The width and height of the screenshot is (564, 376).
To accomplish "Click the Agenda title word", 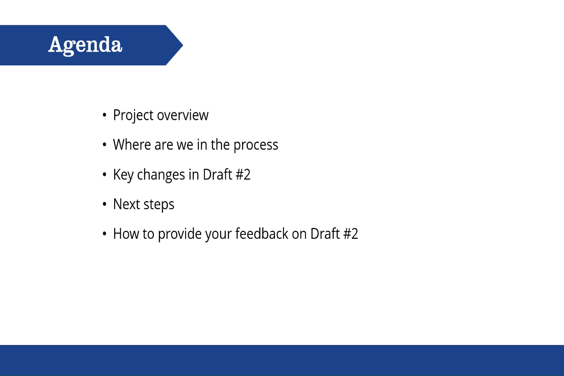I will click(85, 45).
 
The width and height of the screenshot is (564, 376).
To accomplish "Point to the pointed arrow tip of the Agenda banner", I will click(181, 45).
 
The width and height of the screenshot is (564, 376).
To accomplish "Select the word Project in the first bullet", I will click(133, 115).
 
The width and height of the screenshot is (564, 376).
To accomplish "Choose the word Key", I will click(124, 175).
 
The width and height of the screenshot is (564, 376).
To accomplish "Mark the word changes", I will click(161, 175).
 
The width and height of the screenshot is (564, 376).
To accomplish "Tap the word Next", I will click(125, 204).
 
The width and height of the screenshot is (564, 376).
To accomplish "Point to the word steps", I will click(159, 204).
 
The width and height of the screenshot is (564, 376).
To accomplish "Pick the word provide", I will click(180, 234).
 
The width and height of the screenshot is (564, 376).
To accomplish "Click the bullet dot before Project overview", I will click(104, 116).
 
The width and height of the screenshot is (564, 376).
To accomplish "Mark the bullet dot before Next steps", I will click(104, 205).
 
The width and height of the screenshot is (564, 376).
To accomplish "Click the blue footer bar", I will click(282, 360).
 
